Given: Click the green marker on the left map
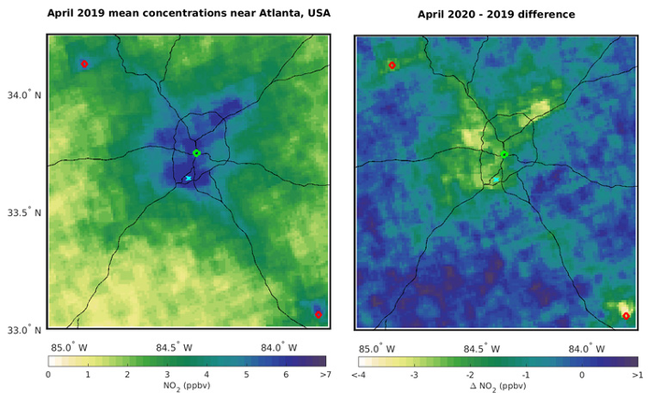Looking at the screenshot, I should click(196, 152).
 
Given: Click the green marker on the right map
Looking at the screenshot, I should click(504, 154).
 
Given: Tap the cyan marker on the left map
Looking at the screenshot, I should click(188, 178).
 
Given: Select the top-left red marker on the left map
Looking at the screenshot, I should click(84, 64).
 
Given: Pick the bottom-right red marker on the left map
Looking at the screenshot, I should click(318, 314).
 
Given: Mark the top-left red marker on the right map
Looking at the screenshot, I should click(391, 65).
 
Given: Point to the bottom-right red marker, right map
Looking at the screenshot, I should click(625, 316).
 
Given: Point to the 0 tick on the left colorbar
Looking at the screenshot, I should click(48, 373).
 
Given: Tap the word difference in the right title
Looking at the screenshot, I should click(551, 14).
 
